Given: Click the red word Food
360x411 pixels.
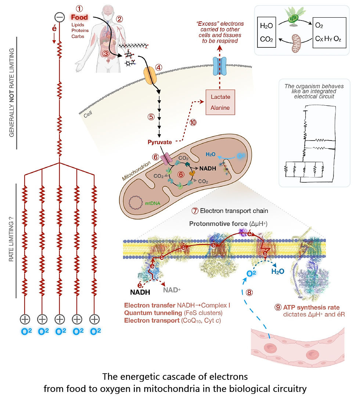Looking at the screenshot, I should (80, 17).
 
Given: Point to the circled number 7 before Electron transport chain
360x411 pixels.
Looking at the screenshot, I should (195, 211).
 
